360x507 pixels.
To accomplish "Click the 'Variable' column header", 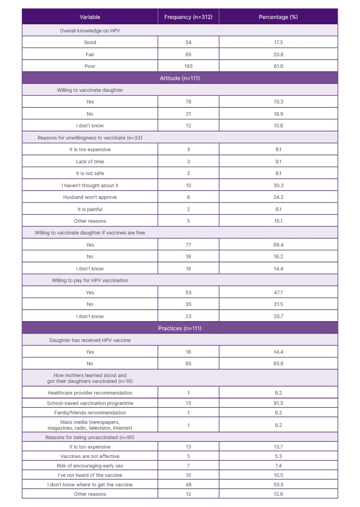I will pos(90,17).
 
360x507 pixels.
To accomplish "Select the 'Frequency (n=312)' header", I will pos(188,17).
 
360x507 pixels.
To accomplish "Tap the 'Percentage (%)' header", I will pos(278,17).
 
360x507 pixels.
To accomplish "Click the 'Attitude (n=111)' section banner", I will pos(180,78).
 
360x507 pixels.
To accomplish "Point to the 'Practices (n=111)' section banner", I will pos(180,328).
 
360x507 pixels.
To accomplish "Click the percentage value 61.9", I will pos(278,66).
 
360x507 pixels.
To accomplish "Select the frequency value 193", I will pos(188,66).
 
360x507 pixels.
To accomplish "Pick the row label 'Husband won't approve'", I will pos(90,197).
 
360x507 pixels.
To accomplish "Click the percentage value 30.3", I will pos(278,185).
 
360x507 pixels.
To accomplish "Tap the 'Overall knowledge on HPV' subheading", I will pos(90,31).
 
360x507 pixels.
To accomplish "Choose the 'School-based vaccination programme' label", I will pos(90,403).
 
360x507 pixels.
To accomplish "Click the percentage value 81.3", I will pos(278,403).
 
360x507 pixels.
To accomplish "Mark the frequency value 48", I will pos(188,485).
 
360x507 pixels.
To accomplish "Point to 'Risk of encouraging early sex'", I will pos(90,466).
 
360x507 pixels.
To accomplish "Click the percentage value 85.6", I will pos(278,363).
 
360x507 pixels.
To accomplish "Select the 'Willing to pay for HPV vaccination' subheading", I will pos(90,280).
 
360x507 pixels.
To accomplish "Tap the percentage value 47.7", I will pos(278,292).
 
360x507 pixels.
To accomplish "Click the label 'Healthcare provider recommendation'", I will pos(90,393).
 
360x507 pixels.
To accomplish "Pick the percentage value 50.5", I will pos(278,485).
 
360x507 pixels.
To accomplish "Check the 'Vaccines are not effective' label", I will pos(90,456).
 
